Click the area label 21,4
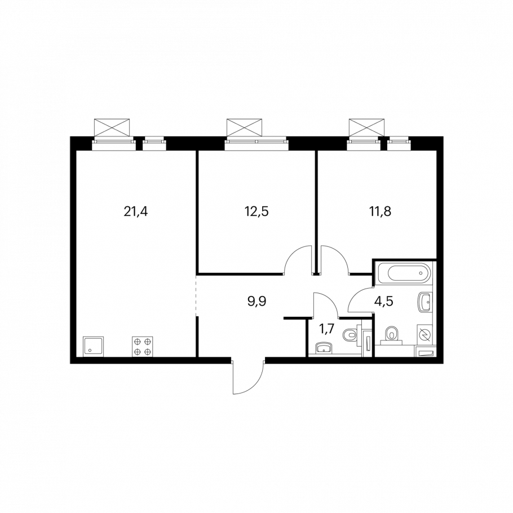pos(136,212)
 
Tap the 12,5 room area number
pos(256,212)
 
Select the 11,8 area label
pos(380,212)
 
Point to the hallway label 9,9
pos(257,302)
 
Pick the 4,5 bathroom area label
pos(384,302)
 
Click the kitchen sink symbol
pos(93,347)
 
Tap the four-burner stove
pos(143,347)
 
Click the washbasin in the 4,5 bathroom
pos(425,302)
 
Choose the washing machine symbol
pos(424,335)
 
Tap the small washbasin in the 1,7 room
pos(324,348)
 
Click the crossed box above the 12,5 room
pos(245,127)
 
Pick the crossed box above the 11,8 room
pos(366,127)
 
